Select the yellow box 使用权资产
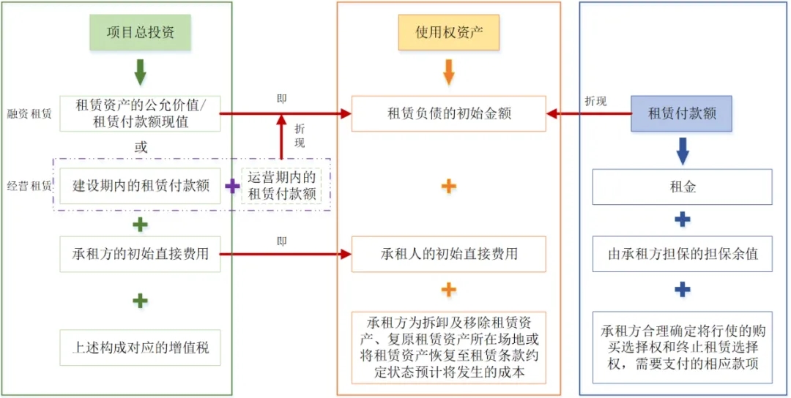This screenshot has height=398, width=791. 448,33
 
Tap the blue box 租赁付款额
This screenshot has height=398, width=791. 681,113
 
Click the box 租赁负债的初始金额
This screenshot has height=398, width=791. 448,113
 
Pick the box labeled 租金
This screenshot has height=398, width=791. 682,187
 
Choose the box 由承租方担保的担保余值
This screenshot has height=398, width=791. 682,254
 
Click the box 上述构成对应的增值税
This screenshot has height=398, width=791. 140,348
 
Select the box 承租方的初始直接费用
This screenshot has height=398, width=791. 140,254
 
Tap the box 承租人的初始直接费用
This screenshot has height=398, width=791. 448,254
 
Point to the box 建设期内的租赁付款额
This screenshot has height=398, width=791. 140,185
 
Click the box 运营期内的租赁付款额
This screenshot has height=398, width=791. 282,186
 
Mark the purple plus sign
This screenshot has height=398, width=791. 231,187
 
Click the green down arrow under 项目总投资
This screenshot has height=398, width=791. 140,72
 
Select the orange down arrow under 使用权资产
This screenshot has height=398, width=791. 448,72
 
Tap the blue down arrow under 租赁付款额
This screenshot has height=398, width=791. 682,150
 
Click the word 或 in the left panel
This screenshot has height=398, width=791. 140,147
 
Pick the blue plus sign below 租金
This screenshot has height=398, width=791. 682,219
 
